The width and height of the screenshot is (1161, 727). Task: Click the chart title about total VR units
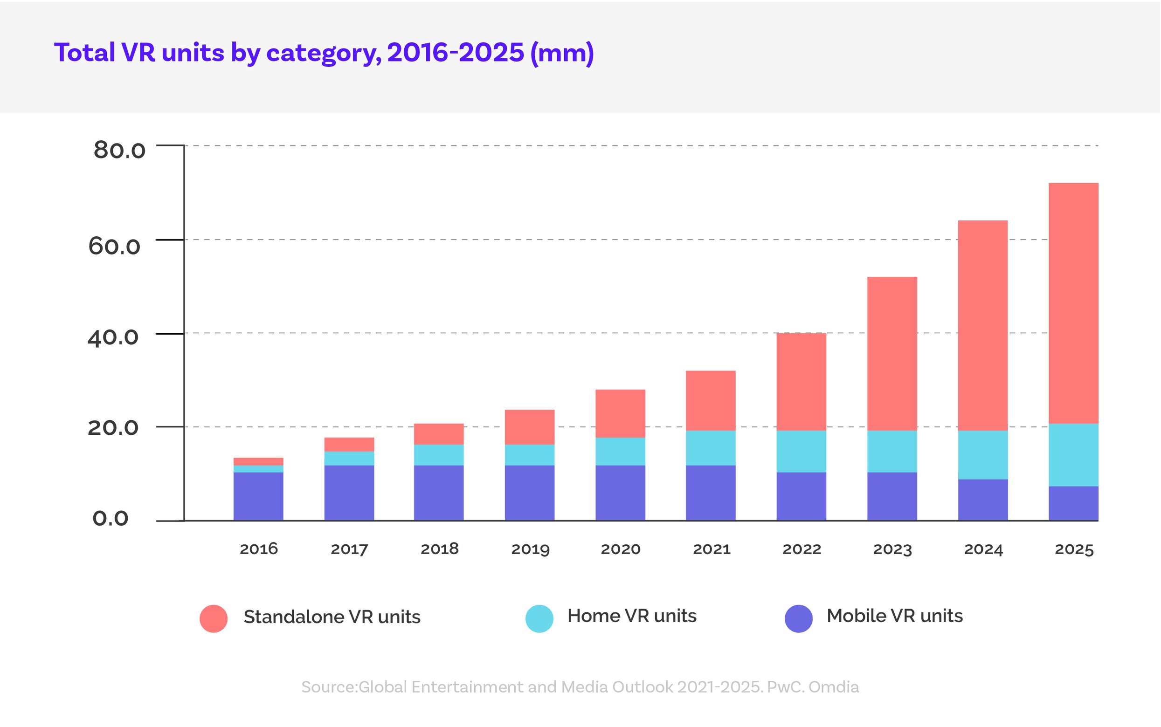click(324, 53)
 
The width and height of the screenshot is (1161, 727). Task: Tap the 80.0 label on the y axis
click(119, 150)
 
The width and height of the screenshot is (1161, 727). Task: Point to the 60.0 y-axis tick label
click(114, 246)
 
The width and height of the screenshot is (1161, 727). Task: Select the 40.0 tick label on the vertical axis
click(112, 337)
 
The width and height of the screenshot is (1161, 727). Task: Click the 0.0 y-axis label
click(110, 518)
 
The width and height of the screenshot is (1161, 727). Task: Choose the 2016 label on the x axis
click(259, 549)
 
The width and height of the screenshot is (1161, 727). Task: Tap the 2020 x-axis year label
click(621, 549)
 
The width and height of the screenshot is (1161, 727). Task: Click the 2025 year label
click(1074, 549)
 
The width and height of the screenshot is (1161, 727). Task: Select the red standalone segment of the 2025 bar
click(1073, 303)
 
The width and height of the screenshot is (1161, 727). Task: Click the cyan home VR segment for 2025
click(1073, 455)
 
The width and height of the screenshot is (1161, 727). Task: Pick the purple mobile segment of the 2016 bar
click(258, 496)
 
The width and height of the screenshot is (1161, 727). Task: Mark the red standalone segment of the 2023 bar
click(892, 353)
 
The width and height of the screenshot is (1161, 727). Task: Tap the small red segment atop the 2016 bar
click(258, 461)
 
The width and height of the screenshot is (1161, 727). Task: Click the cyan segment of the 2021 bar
click(711, 448)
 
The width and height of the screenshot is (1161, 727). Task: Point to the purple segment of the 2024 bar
click(982, 500)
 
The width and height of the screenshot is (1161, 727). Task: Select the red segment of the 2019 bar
click(530, 427)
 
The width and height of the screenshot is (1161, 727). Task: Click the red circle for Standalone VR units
click(214, 618)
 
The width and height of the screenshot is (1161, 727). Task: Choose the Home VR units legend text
click(631, 616)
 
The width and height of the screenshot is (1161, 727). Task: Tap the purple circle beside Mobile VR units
click(798, 618)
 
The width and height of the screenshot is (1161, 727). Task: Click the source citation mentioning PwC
click(580, 686)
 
